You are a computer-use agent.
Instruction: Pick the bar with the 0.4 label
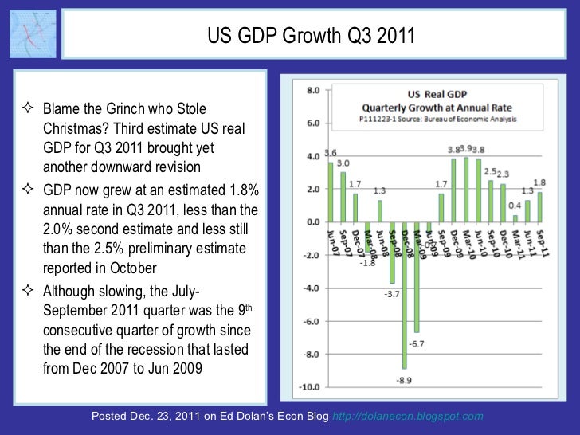(515, 217)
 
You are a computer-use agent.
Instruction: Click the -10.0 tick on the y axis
(310, 387)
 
